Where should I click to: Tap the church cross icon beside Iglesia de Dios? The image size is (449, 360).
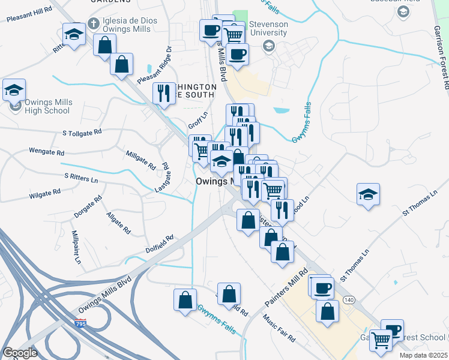93,23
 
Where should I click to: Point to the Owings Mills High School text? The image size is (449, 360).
48,106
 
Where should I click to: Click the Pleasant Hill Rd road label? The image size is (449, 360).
29,16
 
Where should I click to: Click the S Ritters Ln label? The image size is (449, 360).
80,178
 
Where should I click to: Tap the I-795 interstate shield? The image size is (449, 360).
79,323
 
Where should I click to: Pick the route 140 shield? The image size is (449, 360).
349,299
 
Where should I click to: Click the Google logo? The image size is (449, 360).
20,352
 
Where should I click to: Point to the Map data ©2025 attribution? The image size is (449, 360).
423,355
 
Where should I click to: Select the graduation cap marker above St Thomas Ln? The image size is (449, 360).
368,194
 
